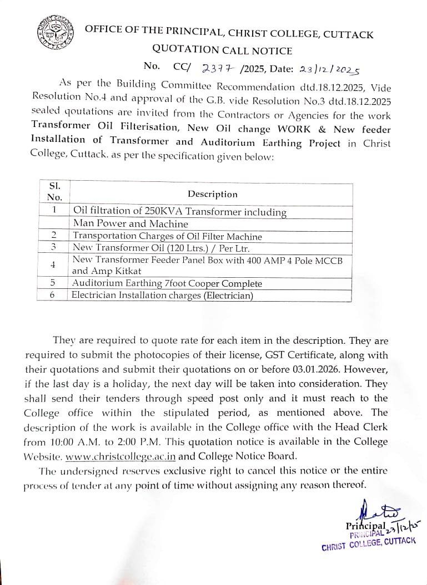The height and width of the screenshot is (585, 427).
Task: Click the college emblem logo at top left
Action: (x=55, y=35)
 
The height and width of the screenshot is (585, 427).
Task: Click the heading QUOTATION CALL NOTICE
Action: (x=222, y=50)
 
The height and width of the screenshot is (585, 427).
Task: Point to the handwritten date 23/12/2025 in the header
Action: (x=329, y=69)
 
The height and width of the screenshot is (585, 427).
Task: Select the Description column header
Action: (x=212, y=194)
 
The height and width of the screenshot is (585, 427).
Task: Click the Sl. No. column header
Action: (x=54, y=191)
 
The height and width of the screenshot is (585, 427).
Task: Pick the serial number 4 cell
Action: (x=53, y=265)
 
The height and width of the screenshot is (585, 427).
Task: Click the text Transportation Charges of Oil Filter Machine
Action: (x=167, y=236)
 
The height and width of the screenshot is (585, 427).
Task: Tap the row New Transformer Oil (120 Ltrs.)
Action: (x=161, y=247)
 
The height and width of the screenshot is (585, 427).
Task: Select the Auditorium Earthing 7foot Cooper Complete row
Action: (x=167, y=283)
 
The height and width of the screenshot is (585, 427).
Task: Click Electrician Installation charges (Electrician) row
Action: (x=163, y=296)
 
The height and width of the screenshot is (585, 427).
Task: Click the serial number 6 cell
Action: (x=53, y=296)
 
